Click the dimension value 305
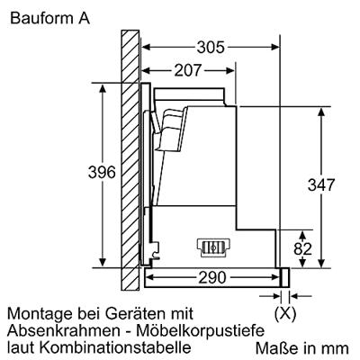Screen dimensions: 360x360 pyautogui.click(x=211, y=48)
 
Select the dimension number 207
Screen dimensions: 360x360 pyautogui.click(x=188, y=71)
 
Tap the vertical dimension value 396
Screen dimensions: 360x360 pyautogui.click(x=102, y=173)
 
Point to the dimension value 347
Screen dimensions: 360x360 pyautogui.click(x=321, y=185)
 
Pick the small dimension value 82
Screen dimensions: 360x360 pyautogui.click(x=302, y=249)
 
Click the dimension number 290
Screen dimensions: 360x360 pyautogui.click(x=212, y=278)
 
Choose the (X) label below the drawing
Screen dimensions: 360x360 pyautogui.click(x=285, y=314)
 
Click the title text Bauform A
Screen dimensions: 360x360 pyautogui.click(x=49, y=18)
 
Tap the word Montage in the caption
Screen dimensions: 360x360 pyautogui.click(x=40, y=314)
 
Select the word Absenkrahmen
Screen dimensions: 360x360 pyautogui.click(x=64, y=330)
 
